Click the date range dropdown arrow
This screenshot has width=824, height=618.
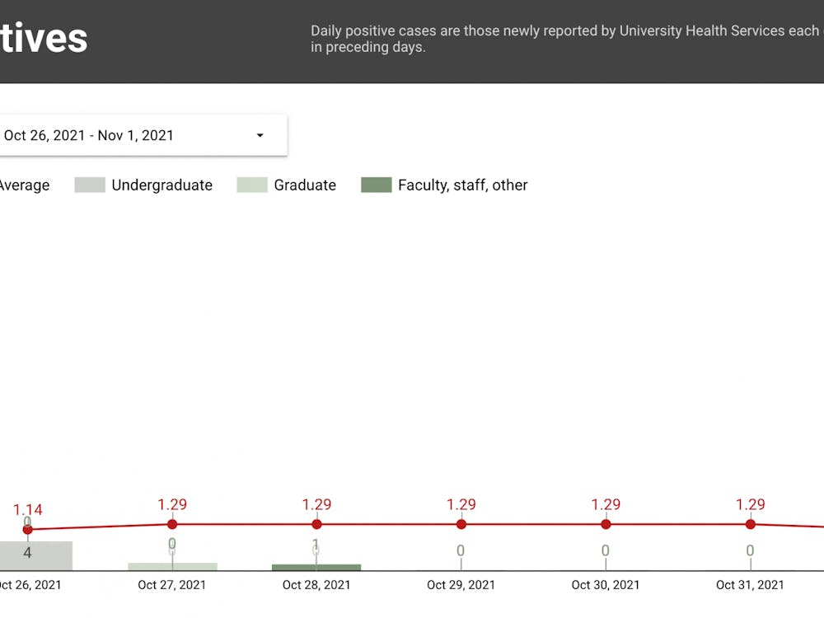260,135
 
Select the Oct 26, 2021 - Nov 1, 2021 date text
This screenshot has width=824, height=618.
89,135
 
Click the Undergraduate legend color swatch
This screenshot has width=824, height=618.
90,185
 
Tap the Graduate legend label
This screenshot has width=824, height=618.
305,185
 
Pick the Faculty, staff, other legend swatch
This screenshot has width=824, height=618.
376,185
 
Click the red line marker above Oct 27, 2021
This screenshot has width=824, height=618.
172,524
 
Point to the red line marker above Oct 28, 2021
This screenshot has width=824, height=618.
316,524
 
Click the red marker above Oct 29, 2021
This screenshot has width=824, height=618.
461,524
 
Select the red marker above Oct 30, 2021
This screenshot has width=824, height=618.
606,524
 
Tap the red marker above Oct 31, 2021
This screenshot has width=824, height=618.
751,524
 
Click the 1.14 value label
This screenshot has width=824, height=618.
27,510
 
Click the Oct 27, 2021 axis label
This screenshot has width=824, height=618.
172,585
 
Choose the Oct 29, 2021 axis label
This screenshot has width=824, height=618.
461,585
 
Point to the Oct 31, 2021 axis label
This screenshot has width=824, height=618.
750,585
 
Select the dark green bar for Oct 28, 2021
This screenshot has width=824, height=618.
316,567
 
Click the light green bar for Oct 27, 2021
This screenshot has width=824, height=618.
172,566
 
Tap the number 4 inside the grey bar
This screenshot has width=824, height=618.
27,553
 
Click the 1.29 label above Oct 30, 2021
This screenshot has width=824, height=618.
606,504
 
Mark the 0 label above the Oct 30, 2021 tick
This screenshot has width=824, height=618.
606,550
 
